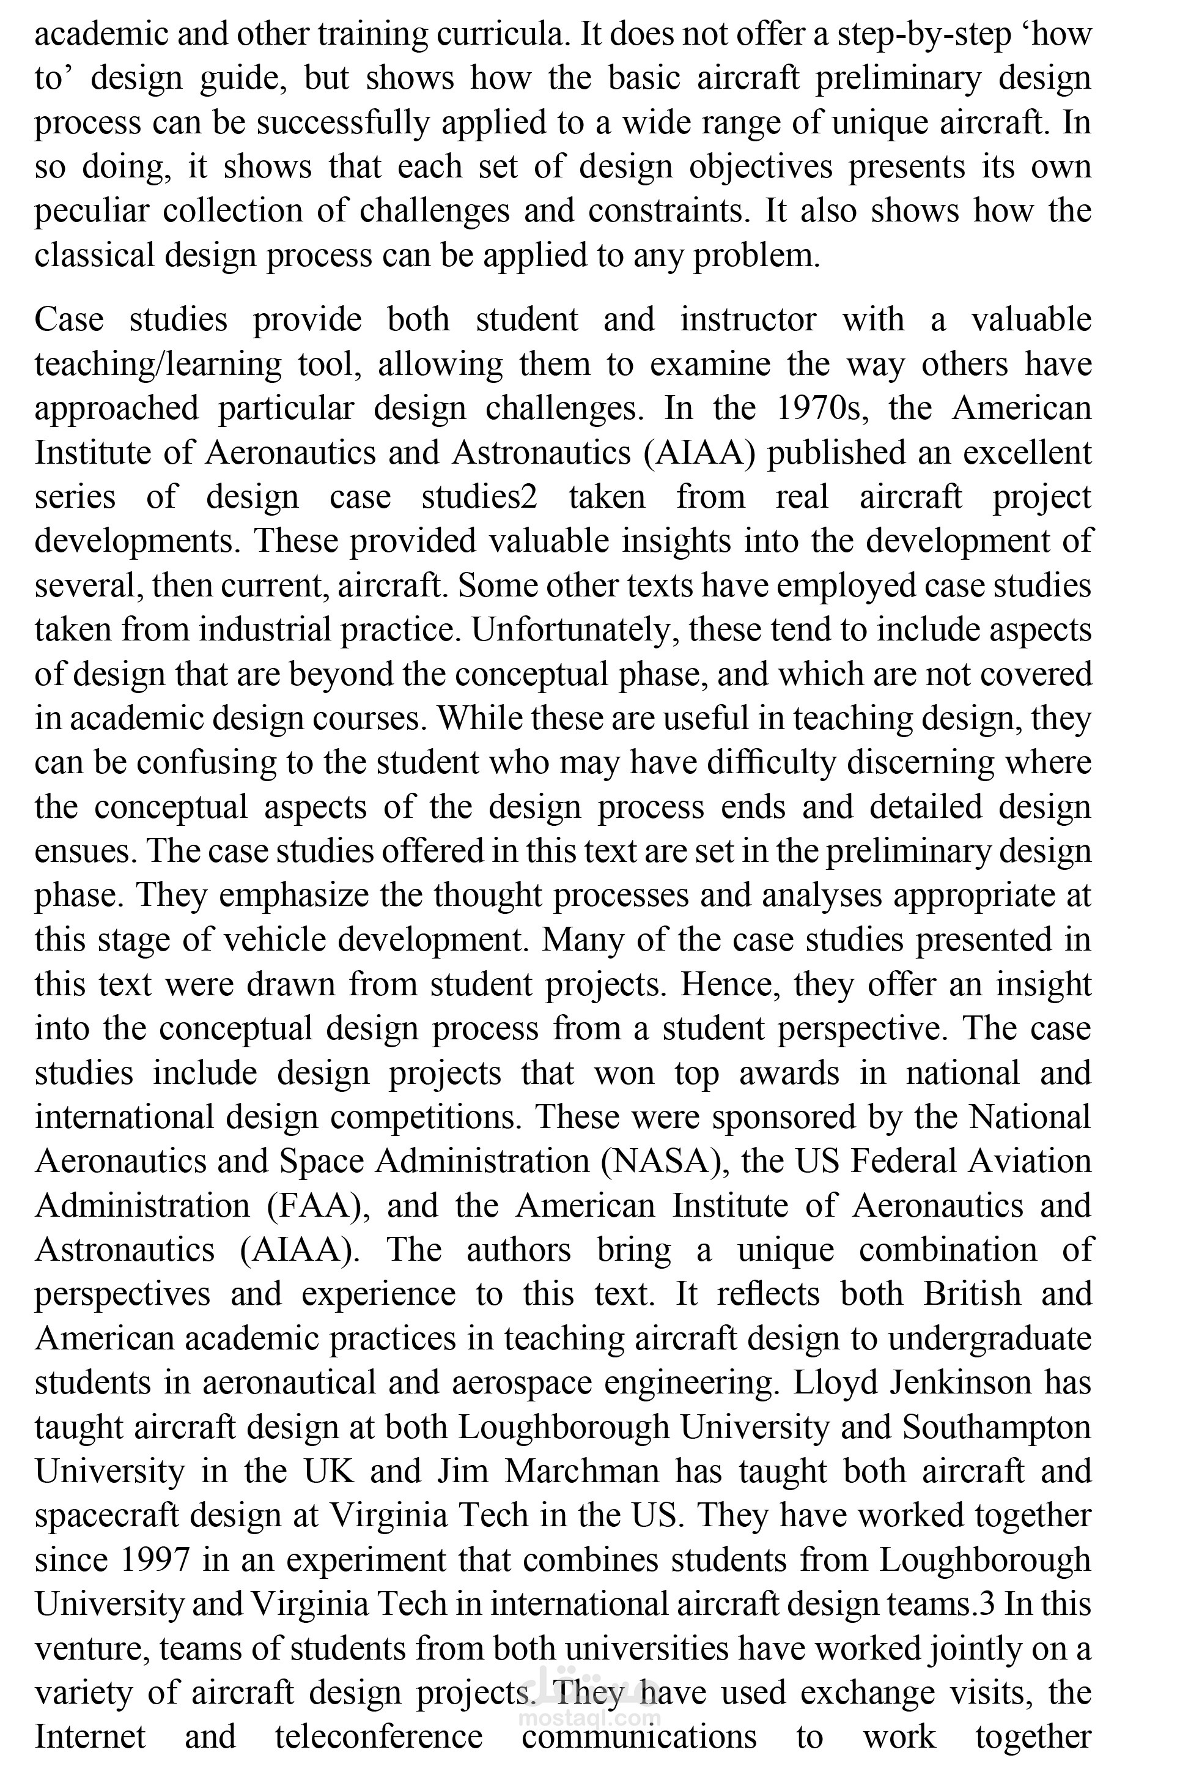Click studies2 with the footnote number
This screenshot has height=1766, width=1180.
(479, 497)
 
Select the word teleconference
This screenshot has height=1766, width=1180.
(378, 1737)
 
